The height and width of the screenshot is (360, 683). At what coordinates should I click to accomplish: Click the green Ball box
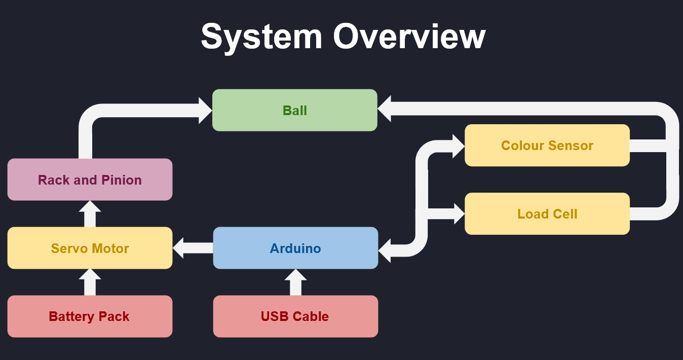(x=294, y=110)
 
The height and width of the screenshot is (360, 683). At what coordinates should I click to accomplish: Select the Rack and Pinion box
(x=90, y=179)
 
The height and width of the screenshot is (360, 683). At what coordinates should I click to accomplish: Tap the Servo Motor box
(x=90, y=248)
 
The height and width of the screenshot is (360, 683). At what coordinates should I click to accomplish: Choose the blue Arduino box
(x=295, y=248)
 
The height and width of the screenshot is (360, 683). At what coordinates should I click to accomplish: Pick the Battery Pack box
(x=90, y=316)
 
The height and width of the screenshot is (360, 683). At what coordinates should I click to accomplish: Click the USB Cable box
(x=295, y=316)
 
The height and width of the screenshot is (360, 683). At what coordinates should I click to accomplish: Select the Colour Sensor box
(x=547, y=146)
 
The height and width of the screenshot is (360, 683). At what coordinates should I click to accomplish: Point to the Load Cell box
(x=547, y=213)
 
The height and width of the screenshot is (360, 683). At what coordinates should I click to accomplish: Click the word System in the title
(x=261, y=37)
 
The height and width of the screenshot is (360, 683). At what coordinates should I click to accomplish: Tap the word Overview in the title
(x=409, y=37)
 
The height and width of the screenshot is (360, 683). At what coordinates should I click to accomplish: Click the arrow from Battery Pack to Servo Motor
(x=90, y=282)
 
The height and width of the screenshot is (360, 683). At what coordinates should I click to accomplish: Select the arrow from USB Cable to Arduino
(x=295, y=282)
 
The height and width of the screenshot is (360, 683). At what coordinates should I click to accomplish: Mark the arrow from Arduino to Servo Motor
(x=193, y=248)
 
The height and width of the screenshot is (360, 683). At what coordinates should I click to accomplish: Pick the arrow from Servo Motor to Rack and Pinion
(x=90, y=213)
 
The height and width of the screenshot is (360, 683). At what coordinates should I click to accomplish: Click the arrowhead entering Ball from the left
(x=205, y=111)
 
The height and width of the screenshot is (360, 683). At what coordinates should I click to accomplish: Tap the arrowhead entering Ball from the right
(x=385, y=109)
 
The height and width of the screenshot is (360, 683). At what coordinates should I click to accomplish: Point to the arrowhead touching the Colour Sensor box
(x=458, y=146)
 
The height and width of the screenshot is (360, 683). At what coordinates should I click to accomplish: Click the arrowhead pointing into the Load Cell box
(x=458, y=213)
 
